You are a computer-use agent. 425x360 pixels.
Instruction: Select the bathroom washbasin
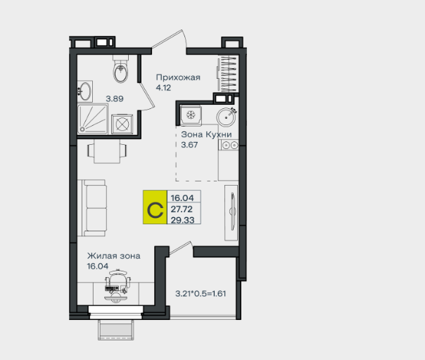(x=85, y=91)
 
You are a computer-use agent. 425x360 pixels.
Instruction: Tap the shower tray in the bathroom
(x=93, y=120)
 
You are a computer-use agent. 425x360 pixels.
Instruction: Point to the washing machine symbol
(x=122, y=124)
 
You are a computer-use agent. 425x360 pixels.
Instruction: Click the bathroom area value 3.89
(x=115, y=98)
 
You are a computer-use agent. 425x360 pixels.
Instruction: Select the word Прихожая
(x=178, y=78)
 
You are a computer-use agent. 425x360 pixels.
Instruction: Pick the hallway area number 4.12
(x=163, y=88)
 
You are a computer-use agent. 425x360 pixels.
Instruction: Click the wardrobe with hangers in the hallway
(x=228, y=74)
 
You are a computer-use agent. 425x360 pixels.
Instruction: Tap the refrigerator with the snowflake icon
(x=191, y=115)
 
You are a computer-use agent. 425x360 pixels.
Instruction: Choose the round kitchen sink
(x=226, y=117)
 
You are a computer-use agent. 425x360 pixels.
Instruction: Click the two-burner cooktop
(x=229, y=146)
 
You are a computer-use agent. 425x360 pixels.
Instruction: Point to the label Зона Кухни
(x=207, y=134)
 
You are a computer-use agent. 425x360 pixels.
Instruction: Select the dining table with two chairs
(x=107, y=150)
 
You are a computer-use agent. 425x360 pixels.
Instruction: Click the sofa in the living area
(x=92, y=207)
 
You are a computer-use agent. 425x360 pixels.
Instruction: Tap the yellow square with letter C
(x=155, y=207)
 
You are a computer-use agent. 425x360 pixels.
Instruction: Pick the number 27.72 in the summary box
(x=182, y=209)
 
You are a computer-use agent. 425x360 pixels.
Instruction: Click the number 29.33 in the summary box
(x=182, y=220)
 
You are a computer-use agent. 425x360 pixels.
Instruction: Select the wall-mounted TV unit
(x=231, y=212)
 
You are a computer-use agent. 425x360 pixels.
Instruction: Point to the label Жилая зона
(x=114, y=256)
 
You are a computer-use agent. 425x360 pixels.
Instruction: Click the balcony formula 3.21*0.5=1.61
(x=201, y=294)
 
